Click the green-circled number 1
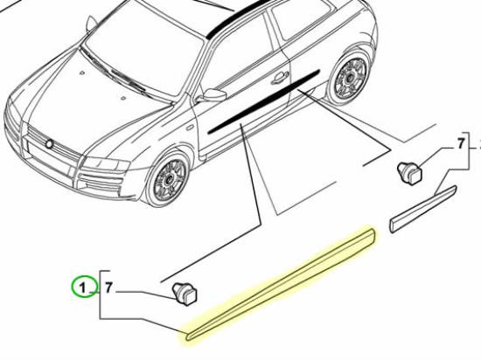(x=82, y=288)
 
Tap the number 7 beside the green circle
(x=108, y=288)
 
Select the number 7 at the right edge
(x=460, y=143)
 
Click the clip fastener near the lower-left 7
(x=185, y=294)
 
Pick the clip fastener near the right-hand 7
(x=410, y=173)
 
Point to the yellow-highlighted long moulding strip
(x=281, y=284)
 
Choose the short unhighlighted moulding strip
(x=423, y=209)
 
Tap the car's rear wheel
(x=350, y=78)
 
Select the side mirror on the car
(x=213, y=95)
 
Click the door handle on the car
(x=279, y=77)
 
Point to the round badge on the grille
(x=49, y=143)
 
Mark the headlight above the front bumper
(x=106, y=164)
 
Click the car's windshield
(x=144, y=53)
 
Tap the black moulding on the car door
(x=264, y=102)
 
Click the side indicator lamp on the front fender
(x=189, y=127)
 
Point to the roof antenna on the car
(x=91, y=24)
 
